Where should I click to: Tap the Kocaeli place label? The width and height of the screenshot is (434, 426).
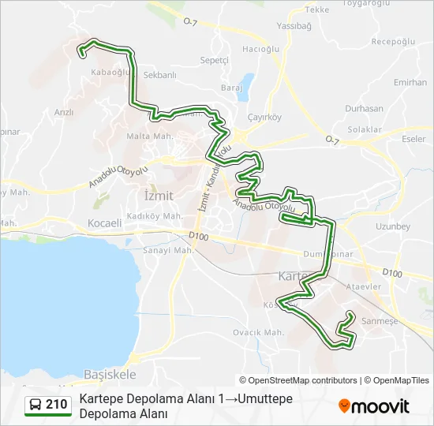click(105, 223)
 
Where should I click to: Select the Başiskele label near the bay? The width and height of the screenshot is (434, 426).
click(109, 373)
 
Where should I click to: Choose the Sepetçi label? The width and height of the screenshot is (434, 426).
click(214, 60)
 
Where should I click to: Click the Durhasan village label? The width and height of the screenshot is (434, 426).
click(365, 108)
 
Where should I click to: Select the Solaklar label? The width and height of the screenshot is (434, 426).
click(365, 129)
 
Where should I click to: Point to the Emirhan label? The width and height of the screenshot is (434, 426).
click(410, 82)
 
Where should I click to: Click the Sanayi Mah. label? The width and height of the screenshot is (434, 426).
click(167, 251)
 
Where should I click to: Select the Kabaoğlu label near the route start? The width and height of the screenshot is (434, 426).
click(111, 73)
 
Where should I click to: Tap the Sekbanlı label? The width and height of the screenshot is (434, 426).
click(159, 75)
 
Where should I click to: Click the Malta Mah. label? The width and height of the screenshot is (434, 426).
click(149, 136)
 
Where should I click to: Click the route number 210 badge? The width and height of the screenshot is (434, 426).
click(48, 405)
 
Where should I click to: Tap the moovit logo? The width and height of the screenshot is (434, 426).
click(374, 406)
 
